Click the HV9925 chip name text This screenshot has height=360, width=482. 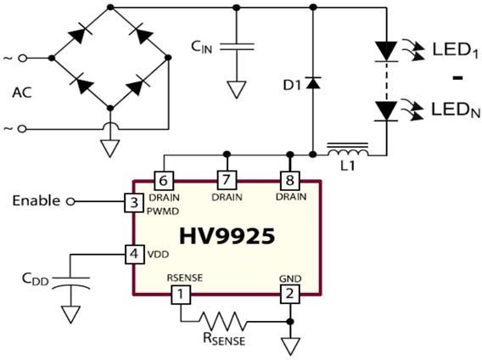227,236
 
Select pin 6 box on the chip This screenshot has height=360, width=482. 164,181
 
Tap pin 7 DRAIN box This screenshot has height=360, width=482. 227,180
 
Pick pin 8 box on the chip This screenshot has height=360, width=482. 290,180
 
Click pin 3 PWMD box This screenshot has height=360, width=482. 134,203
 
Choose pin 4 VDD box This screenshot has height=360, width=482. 134,254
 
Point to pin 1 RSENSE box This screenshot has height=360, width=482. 181,295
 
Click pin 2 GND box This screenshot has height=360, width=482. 290,294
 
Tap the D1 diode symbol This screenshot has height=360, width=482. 313,83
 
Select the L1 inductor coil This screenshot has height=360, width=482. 348,149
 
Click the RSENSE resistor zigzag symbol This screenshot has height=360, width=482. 223,322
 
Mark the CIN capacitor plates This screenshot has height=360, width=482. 237,47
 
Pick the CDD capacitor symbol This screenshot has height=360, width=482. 71,284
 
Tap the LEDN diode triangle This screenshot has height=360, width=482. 386,111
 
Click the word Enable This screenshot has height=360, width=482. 36,201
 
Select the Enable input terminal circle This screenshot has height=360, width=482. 70,202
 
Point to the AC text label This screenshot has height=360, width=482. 22,93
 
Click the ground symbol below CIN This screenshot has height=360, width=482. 237,89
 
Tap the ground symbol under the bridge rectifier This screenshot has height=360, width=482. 110,149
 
